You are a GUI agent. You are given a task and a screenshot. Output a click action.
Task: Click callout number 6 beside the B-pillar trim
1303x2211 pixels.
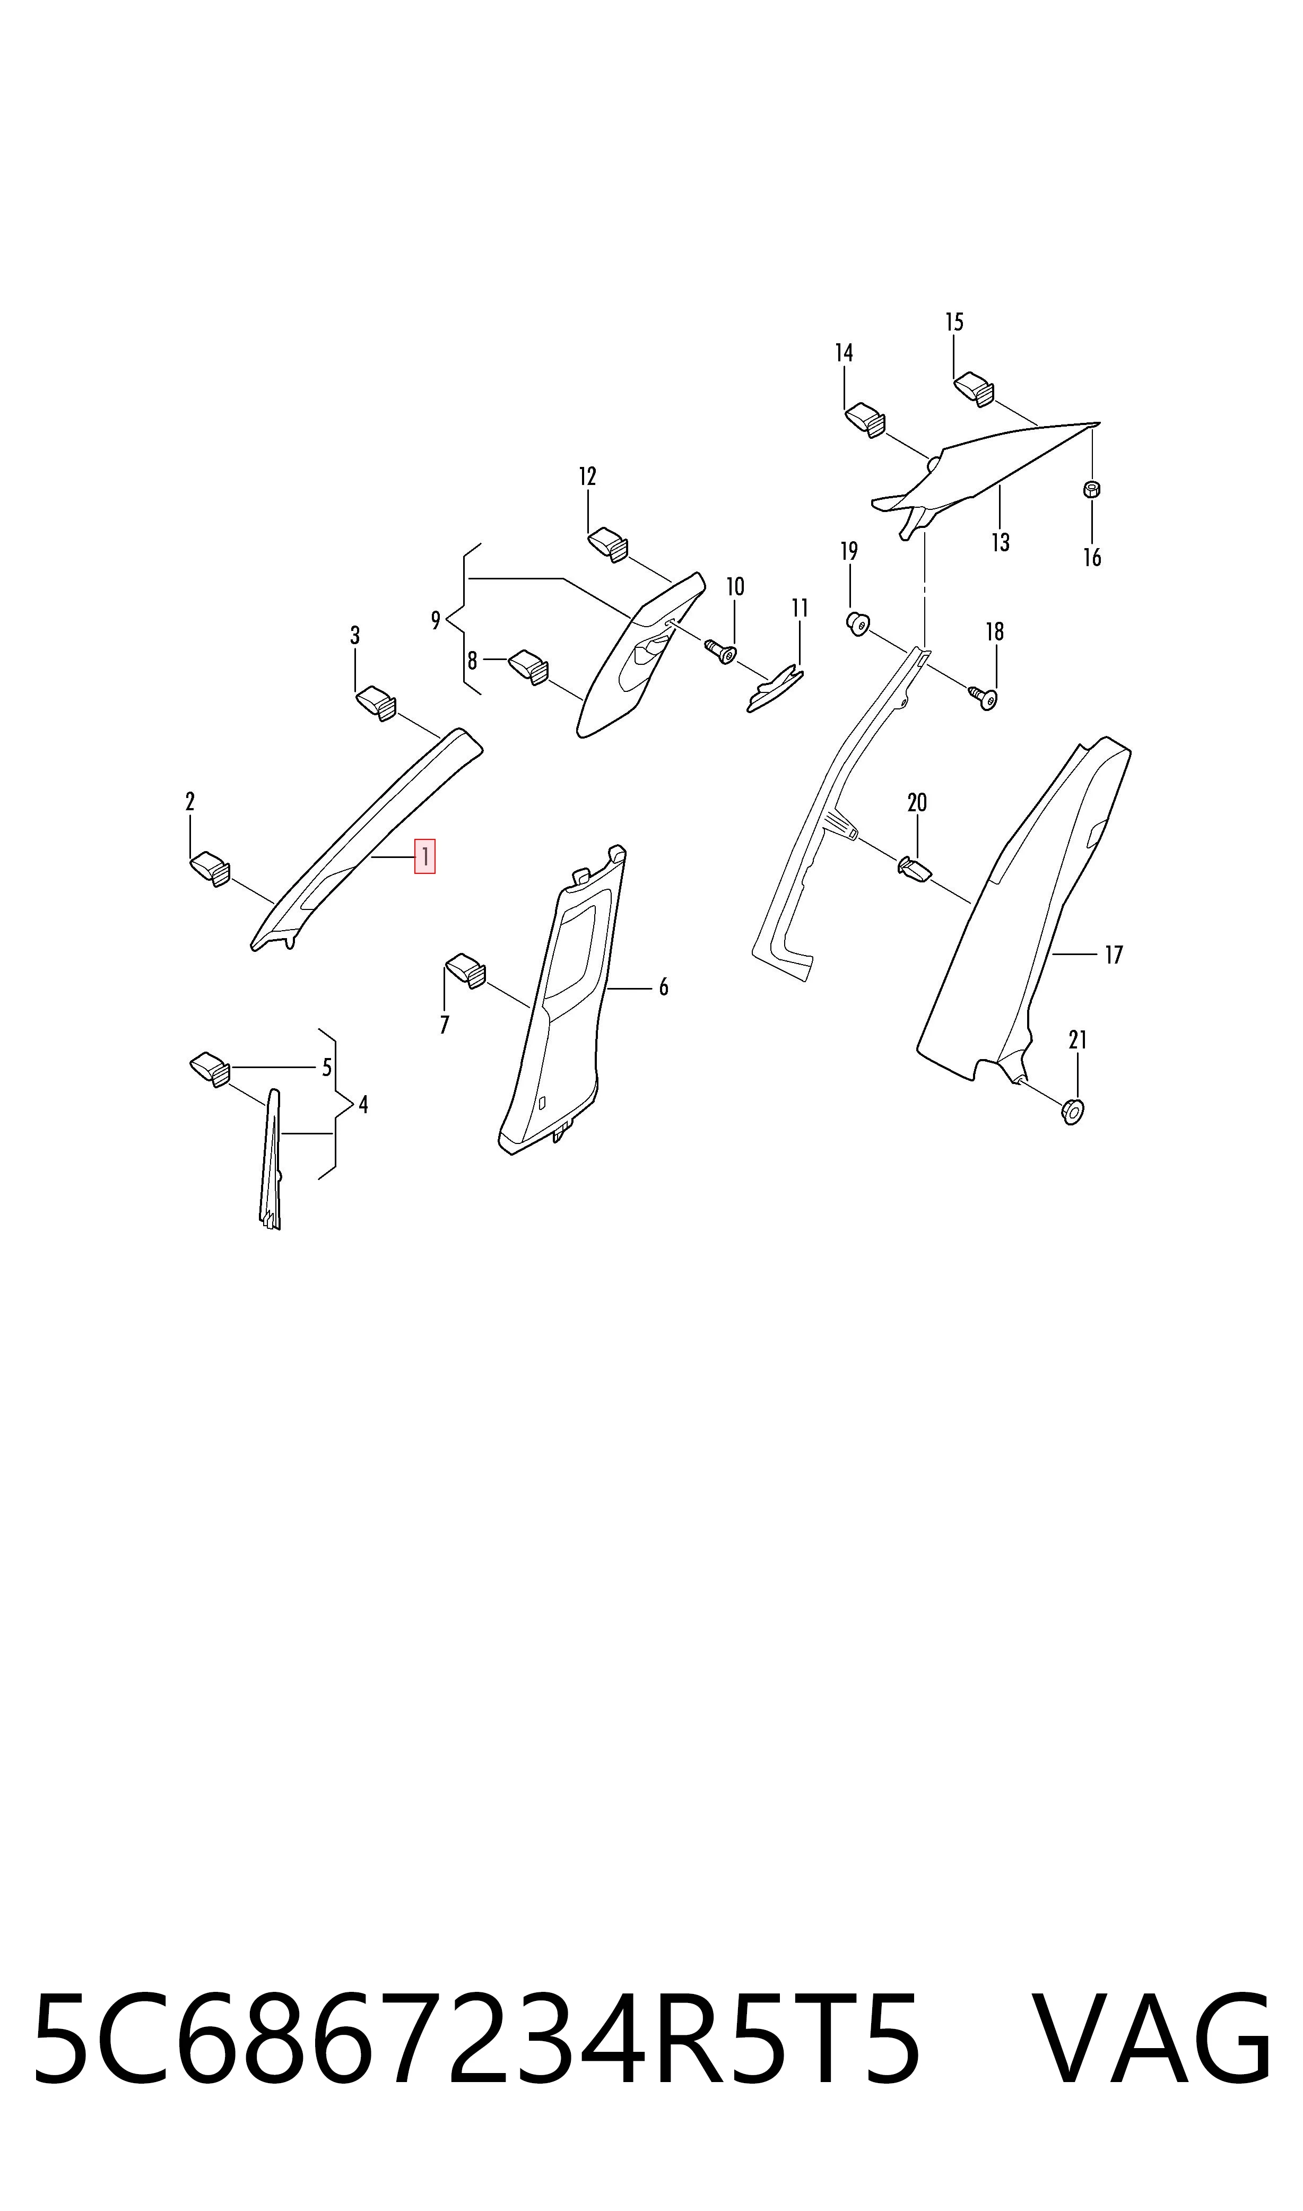[664, 988]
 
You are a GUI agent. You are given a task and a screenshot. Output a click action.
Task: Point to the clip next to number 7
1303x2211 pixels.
[466, 970]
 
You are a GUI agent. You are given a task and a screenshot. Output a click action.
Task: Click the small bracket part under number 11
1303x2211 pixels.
[775, 689]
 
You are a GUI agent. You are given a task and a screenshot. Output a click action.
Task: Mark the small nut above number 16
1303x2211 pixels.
[1092, 489]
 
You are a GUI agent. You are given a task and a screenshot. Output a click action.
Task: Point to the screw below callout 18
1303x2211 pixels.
[984, 697]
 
